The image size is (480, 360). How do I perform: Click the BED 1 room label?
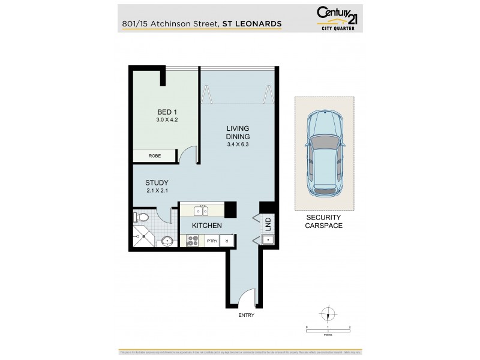point(166,112)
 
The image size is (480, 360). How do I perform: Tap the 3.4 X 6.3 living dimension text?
point(238,145)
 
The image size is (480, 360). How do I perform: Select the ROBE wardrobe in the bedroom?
point(155,156)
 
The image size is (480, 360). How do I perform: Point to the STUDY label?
point(157,183)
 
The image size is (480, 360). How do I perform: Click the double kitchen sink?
point(202,211)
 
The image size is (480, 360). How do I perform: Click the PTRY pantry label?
point(211,241)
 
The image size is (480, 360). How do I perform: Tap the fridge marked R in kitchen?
point(227,241)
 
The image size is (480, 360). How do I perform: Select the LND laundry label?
point(268,224)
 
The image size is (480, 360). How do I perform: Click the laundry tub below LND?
point(268,241)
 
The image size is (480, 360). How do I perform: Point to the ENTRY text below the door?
point(246,315)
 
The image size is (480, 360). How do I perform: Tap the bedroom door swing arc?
point(189,155)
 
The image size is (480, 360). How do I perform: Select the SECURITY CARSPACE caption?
point(323,222)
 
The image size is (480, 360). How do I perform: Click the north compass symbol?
point(328,314)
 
